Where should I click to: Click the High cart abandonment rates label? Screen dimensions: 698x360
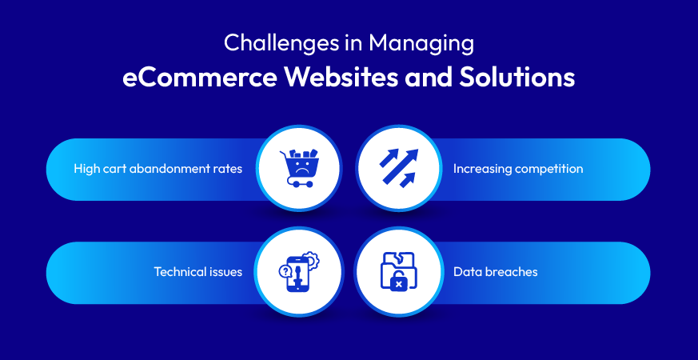point(158,169)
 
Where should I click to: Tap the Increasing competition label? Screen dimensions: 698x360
point(518,169)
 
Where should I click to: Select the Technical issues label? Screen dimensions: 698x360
point(198,272)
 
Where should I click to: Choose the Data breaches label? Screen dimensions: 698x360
point(496,272)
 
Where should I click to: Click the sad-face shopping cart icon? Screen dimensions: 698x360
point(299,167)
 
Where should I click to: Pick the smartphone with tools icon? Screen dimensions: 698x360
point(300,271)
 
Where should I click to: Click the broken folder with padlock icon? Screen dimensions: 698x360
point(398,271)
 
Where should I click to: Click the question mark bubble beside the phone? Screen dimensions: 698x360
point(284,270)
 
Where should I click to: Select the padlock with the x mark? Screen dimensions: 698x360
point(399,282)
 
